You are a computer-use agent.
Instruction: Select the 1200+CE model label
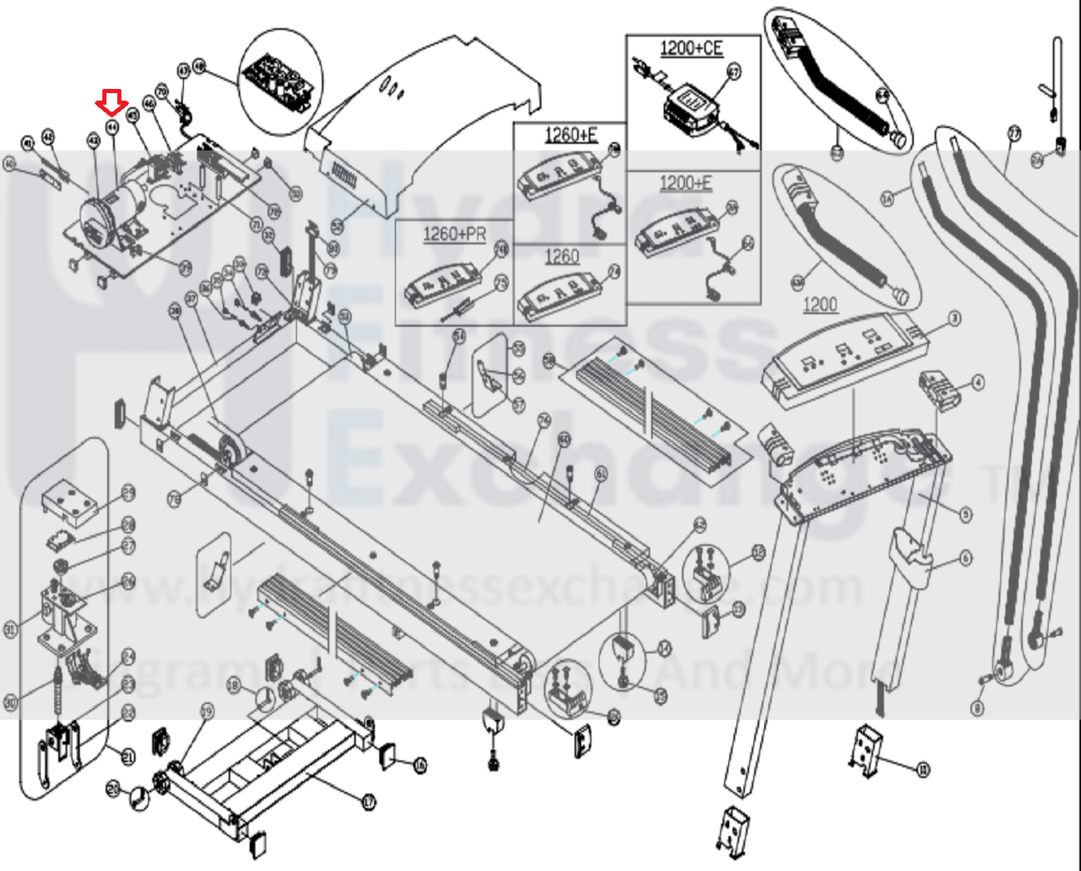[x=691, y=48]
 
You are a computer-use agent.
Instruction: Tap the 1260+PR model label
[x=454, y=234]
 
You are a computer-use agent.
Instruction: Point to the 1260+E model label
[x=571, y=135]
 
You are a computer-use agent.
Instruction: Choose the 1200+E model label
[x=686, y=183]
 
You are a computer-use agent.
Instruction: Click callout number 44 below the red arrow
[x=112, y=127]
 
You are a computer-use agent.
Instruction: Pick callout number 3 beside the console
[x=955, y=319]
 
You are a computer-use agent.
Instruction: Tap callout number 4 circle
[x=978, y=383]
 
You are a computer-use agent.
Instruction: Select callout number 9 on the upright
[x=965, y=515]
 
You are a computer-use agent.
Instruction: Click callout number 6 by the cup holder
[x=965, y=558]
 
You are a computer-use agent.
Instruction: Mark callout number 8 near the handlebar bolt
[x=977, y=708]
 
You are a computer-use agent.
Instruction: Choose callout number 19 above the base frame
[x=207, y=711]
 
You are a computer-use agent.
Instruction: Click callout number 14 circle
[x=663, y=649]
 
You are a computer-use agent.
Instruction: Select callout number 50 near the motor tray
[x=295, y=194]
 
